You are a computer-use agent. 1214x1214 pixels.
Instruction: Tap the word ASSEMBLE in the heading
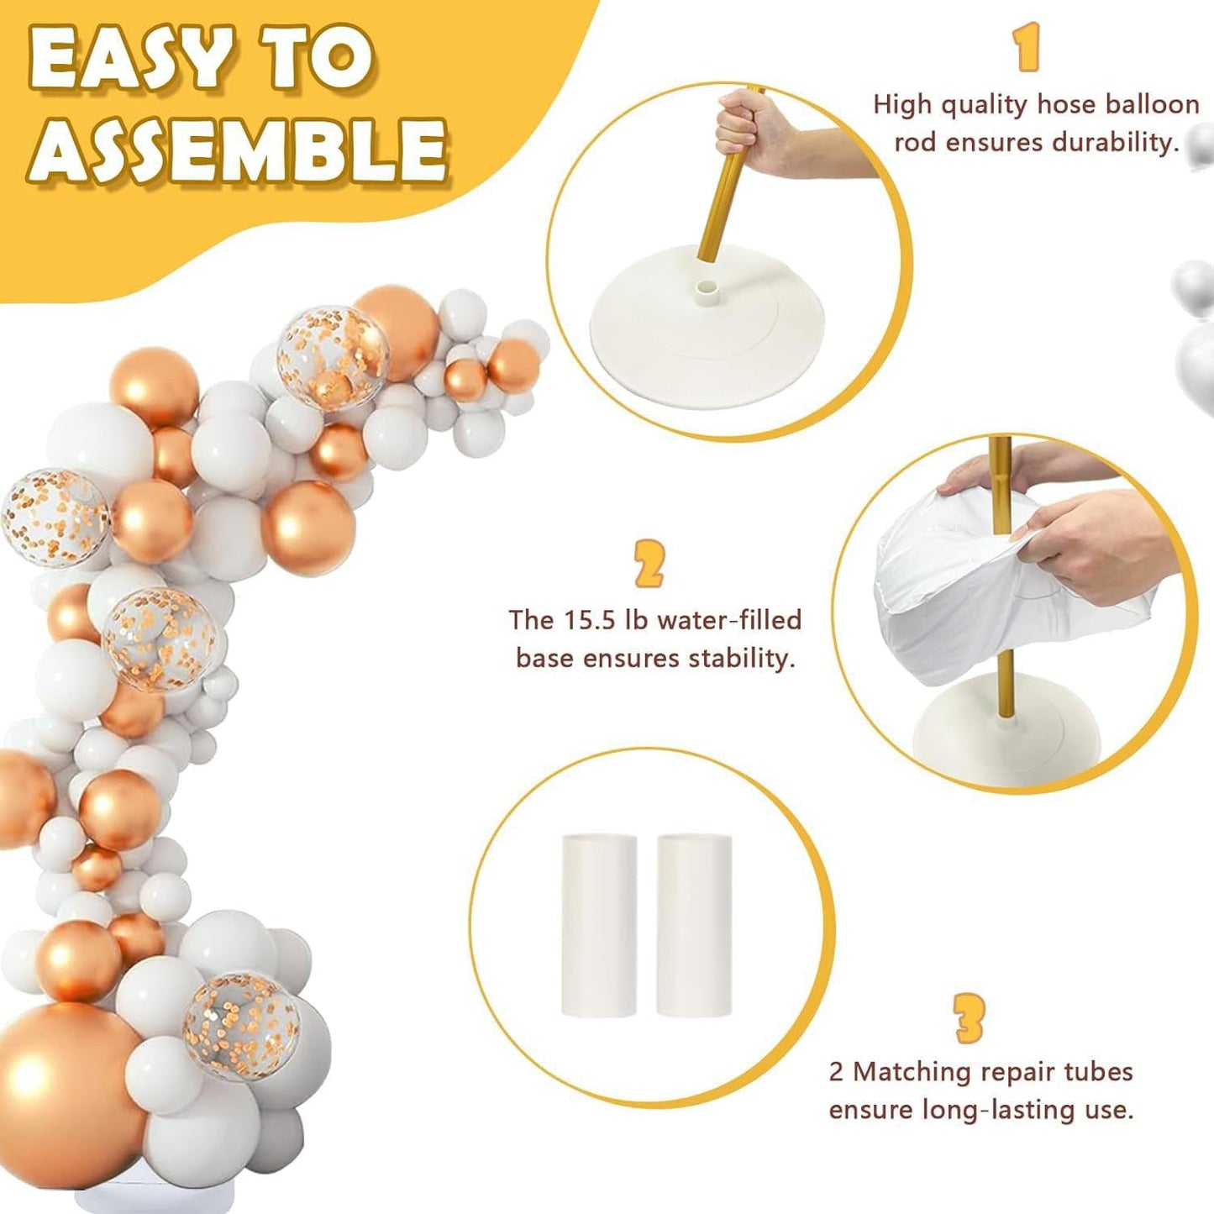(238, 146)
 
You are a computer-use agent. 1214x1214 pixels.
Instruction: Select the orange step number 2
(649, 564)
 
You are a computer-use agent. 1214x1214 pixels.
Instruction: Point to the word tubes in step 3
(1092, 1071)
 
